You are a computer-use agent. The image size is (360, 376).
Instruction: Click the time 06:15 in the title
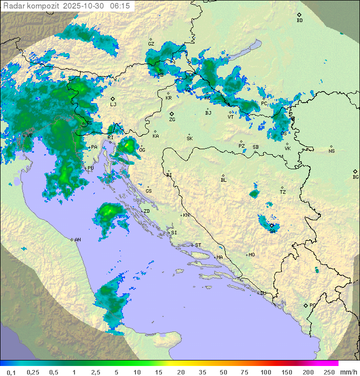tap(120, 6)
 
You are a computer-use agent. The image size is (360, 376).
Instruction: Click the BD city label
tap(299, 21)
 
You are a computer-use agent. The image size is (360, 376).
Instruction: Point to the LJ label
tap(113, 105)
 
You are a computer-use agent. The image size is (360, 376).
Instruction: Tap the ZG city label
tap(172, 120)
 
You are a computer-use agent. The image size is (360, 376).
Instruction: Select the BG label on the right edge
tap(355, 177)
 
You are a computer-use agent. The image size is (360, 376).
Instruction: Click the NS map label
tap(331, 151)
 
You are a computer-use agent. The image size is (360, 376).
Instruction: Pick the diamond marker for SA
tap(271, 226)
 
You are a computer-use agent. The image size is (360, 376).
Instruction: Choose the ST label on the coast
tap(198, 245)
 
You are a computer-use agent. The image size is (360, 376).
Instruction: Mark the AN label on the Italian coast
tap(77, 240)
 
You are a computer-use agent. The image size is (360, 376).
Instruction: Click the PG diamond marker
tap(305, 305)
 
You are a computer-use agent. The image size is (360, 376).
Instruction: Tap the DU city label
tap(263, 293)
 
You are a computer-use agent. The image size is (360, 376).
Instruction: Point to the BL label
tap(223, 180)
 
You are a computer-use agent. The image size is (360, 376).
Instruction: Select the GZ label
tap(151, 44)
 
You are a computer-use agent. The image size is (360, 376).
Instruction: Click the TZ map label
tap(283, 192)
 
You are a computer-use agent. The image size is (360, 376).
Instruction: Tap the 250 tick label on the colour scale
tap(328, 371)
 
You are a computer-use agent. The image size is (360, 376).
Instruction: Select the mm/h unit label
tap(348, 371)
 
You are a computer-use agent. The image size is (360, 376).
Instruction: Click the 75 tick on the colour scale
tap(244, 371)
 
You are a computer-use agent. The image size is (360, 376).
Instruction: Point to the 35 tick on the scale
tap(202, 371)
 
